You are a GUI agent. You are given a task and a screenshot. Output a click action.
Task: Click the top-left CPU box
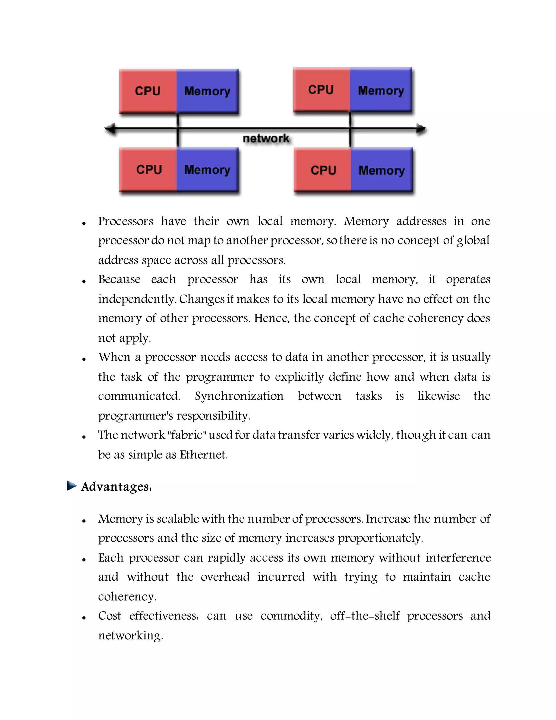148,91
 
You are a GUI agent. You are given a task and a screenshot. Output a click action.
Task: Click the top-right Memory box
381,90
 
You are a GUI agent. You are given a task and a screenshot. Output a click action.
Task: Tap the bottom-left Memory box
207,170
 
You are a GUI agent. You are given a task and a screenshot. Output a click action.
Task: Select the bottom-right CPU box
323,170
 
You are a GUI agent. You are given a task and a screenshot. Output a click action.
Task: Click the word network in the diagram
266,139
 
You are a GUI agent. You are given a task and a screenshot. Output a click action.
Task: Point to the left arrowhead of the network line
110,128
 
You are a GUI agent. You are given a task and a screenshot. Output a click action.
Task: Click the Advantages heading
116,487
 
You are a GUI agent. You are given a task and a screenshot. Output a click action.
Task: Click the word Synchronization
239,396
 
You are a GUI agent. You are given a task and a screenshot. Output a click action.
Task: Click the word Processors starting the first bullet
125,221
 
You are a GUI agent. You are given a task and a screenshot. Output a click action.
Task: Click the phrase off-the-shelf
365,616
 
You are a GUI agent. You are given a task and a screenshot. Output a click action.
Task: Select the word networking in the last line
130,636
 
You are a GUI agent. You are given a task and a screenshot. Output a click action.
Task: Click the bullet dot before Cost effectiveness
84,618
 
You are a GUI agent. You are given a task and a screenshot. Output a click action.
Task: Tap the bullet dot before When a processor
84,359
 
